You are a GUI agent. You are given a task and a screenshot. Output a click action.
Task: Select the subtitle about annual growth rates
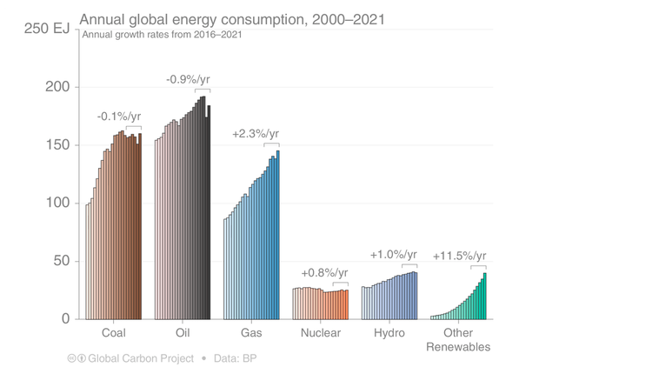point(163,35)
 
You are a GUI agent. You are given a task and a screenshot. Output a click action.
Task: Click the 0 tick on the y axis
point(64,319)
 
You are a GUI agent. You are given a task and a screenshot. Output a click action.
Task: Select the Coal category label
point(113,334)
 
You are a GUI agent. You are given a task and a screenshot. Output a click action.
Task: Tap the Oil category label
point(182,334)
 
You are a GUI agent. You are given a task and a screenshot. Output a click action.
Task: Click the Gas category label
point(251,334)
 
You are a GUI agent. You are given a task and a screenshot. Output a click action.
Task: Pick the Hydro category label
point(389,334)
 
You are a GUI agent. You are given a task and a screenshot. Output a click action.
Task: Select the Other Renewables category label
point(458,340)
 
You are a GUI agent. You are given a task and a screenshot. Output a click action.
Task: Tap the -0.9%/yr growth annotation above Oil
point(188,80)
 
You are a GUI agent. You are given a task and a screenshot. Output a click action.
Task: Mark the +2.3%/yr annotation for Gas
point(256,134)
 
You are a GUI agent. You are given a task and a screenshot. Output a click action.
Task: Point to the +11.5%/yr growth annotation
point(459,256)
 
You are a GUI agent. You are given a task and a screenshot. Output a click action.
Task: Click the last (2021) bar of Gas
point(278,235)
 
